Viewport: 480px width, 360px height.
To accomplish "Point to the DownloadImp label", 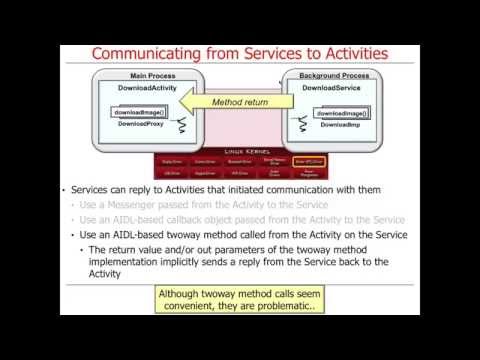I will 333,124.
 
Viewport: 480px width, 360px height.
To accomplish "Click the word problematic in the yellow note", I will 286,308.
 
